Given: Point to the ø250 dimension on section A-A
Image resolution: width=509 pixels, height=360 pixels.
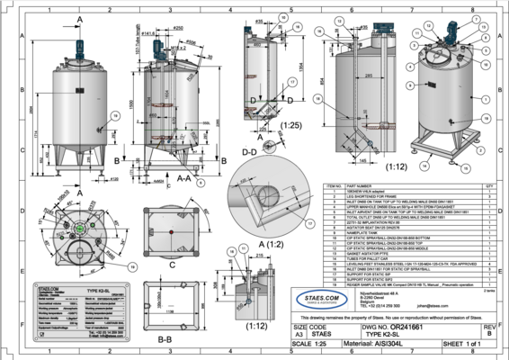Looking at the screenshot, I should click(189, 28).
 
